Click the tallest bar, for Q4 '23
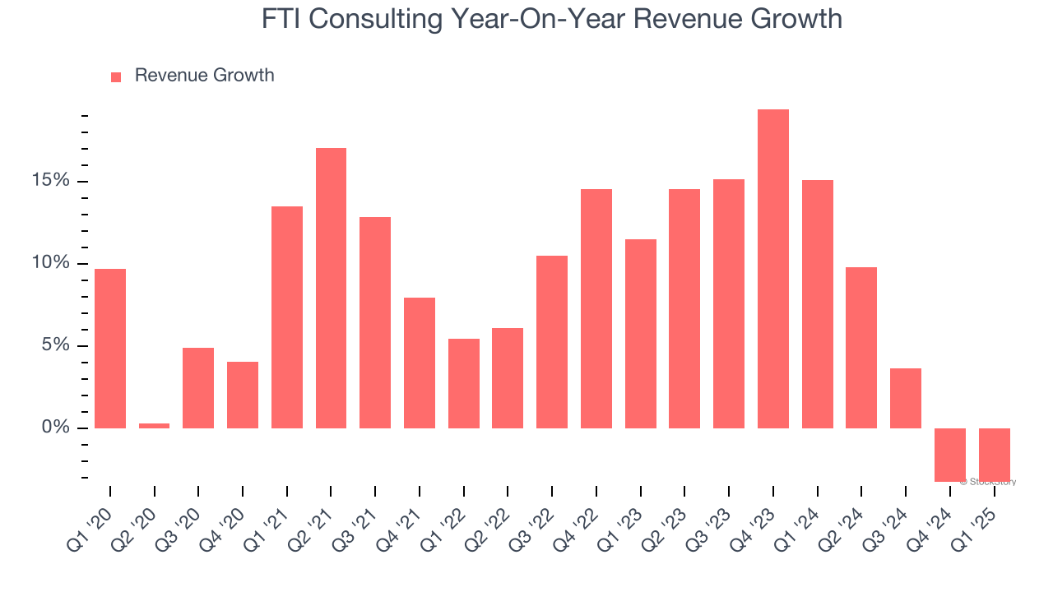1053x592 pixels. [x=772, y=269]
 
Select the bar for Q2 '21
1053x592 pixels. [x=331, y=288]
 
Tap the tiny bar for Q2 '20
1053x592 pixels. [x=154, y=425]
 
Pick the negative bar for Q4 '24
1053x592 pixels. [x=950, y=455]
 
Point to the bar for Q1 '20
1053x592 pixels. [x=110, y=349]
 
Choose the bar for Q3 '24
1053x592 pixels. [x=906, y=398]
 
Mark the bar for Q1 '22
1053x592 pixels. [x=464, y=383]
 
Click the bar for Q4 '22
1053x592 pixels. [x=596, y=308]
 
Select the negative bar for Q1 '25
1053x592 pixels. [x=994, y=455]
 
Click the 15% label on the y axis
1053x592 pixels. [x=50, y=181]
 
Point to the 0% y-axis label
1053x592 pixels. [x=55, y=428]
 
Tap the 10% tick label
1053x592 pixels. [x=50, y=263]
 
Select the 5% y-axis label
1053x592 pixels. [x=55, y=345]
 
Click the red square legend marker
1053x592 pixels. [x=116, y=76]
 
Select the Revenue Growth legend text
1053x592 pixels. [x=204, y=76]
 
